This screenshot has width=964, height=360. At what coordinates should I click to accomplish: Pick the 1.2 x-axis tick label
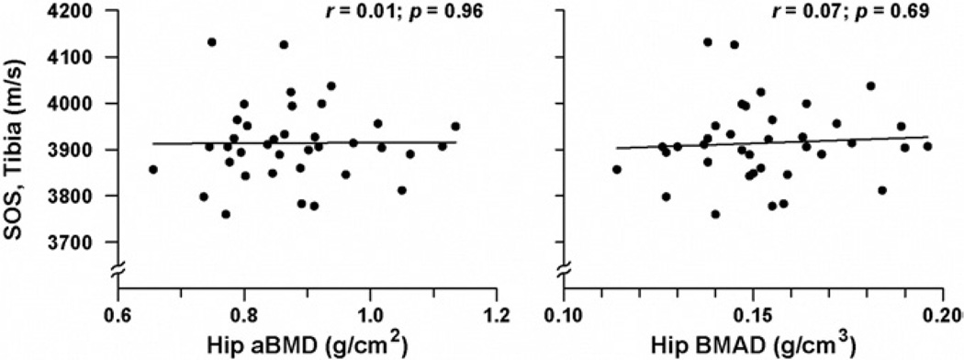click(497, 312)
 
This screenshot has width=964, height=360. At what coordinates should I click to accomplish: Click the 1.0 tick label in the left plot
click(370, 312)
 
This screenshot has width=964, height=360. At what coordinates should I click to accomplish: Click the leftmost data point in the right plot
click(617, 170)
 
